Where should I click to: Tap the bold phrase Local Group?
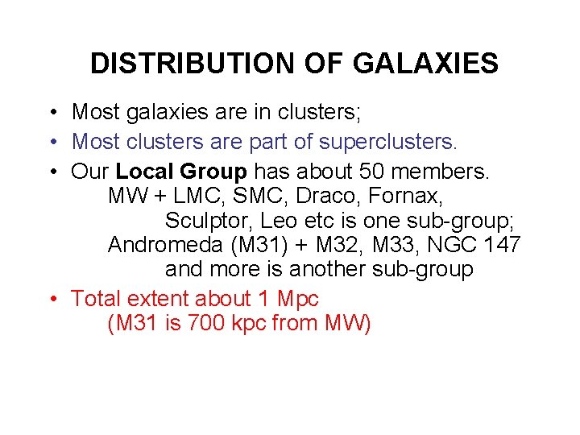pos(182,171)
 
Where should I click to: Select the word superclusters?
pos(388,142)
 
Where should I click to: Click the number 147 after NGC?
pos(499,245)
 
